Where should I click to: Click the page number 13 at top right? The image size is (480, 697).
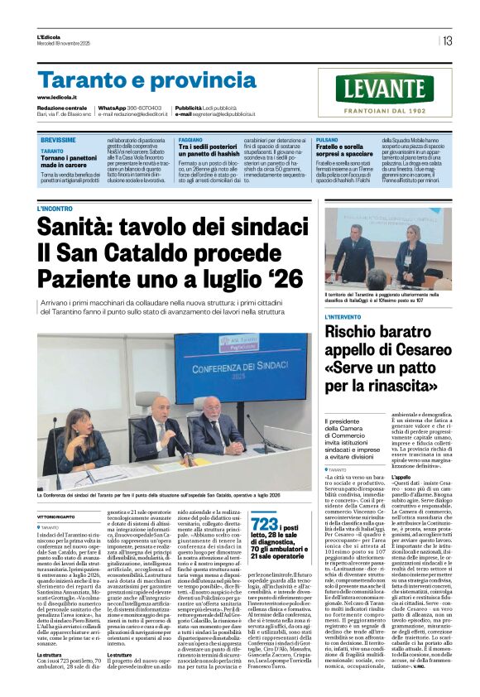click(x=447, y=41)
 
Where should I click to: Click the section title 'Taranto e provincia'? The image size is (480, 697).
click(x=137, y=80)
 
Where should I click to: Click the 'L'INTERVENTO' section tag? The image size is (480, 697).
click(x=343, y=316)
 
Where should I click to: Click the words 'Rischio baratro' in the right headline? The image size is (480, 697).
click(x=373, y=333)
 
